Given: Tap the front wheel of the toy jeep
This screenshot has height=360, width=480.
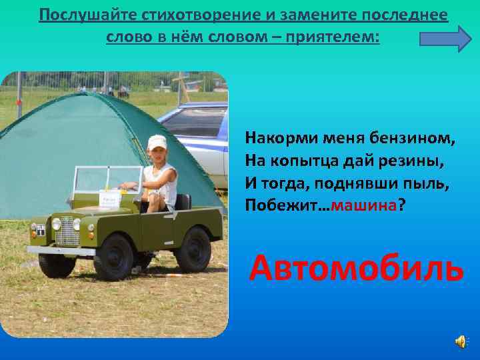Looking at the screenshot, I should pyautogui.click(x=113, y=256).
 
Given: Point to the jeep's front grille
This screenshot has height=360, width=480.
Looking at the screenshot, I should pyautogui.click(x=67, y=231).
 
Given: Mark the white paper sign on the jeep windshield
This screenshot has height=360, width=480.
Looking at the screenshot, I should pyautogui.click(x=109, y=199).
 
